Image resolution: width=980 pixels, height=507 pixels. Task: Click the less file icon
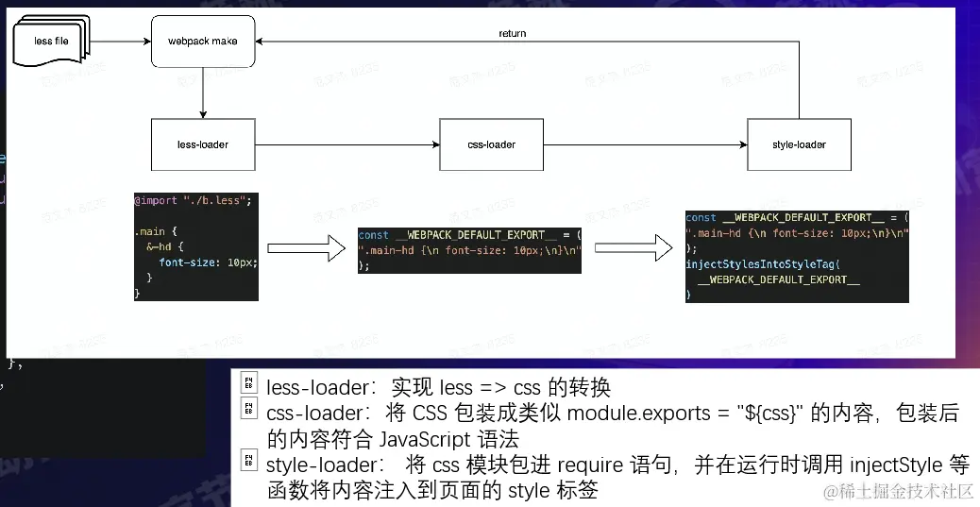tap(49, 42)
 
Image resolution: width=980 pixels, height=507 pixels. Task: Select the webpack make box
tap(203, 42)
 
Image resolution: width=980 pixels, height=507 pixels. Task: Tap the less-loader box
tap(203, 144)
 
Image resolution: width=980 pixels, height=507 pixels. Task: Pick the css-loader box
tap(491, 144)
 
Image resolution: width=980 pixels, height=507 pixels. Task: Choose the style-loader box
tap(799, 144)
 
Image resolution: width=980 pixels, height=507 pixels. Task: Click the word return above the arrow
tap(513, 33)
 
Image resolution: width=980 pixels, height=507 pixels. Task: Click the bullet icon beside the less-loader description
tap(248, 383)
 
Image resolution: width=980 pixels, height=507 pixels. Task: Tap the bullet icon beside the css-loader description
tap(248, 409)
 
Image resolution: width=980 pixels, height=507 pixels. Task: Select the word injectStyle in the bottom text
tap(896, 465)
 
